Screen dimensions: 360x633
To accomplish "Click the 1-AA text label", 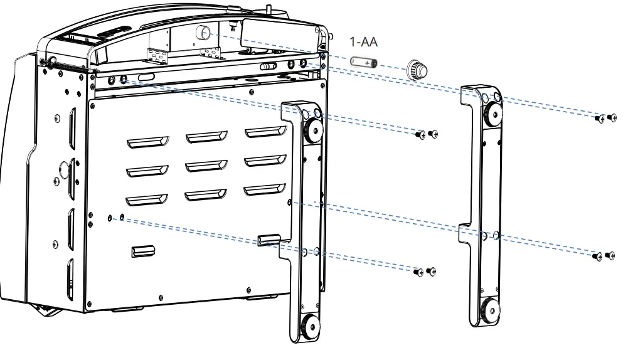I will pyautogui.click(x=363, y=42).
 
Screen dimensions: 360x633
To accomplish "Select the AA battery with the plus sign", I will pyautogui.click(x=363, y=63).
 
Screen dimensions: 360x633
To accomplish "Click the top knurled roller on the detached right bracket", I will pyautogui.click(x=491, y=114).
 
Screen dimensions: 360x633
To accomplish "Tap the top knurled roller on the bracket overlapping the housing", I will pyautogui.click(x=312, y=130).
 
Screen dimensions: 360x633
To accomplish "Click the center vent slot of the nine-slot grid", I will pyautogui.click(x=206, y=166).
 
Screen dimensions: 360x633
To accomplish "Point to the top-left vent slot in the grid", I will pyautogui.click(x=147, y=142).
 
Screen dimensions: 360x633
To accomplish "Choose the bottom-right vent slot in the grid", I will pyautogui.click(x=265, y=190).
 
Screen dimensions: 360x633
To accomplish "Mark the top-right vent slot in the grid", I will pyautogui.click(x=265, y=132).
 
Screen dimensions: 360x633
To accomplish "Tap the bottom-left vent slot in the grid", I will pyautogui.click(x=147, y=200).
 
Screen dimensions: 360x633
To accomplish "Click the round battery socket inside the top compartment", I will pyautogui.click(x=203, y=33).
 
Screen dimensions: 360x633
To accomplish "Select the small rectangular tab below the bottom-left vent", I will pyautogui.click(x=142, y=251).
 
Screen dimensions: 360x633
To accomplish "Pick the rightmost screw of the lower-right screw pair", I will pyautogui.click(x=611, y=255).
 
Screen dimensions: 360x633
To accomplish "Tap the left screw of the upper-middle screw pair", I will pyautogui.click(x=422, y=134).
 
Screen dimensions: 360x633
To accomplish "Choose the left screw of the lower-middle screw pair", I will pyautogui.click(x=419, y=272).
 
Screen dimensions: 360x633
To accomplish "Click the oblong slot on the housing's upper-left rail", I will pyautogui.click(x=146, y=76).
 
